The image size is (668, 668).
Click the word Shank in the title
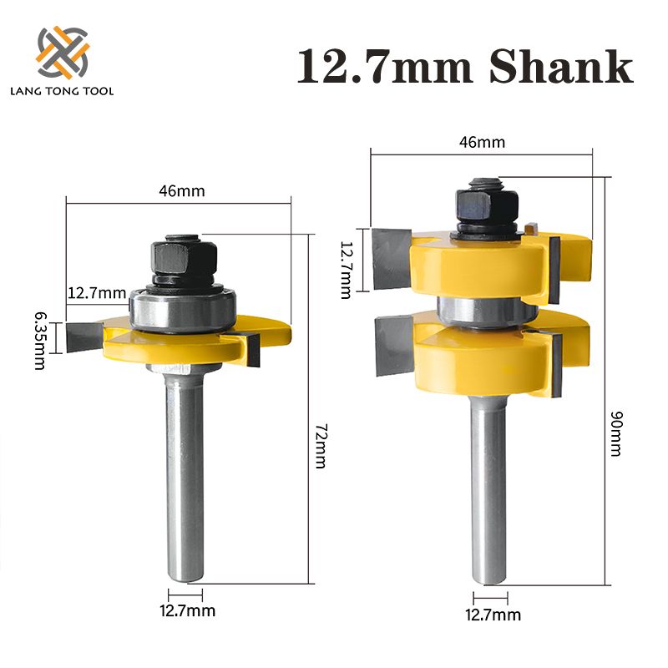560,68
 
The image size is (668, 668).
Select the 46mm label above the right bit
483,143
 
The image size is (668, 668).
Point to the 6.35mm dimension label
39,338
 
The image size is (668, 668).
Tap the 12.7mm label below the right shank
493,615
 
